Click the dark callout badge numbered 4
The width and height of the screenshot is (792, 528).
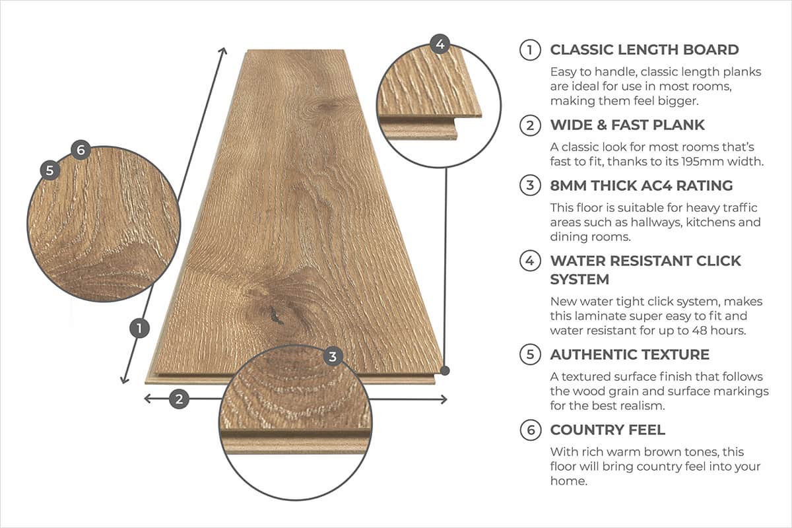tap(440, 44)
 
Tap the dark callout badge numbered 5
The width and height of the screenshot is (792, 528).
tap(49, 170)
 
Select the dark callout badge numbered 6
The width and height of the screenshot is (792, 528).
tap(80, 150)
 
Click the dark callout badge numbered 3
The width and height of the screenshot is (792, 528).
tap(333, 357)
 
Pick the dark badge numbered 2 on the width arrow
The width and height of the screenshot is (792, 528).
tap(179, 399)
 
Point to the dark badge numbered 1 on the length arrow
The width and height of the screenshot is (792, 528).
tap(139, 328)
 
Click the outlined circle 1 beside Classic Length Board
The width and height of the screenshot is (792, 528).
tap(529, 50)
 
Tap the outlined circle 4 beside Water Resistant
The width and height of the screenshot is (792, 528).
tap(529, 261)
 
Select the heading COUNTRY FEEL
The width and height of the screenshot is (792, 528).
tap(607, 430)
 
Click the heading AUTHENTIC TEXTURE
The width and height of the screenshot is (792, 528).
tap(630, 354)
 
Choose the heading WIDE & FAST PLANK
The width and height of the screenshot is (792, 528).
tap(627, 125)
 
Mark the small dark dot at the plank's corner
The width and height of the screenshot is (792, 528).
tap(445, 371)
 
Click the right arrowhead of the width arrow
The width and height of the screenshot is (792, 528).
tap(443, 399)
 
